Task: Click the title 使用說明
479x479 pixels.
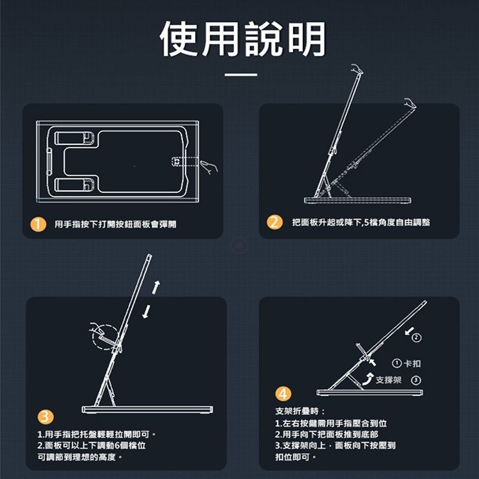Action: point(243,40)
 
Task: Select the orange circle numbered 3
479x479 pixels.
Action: point(46,417)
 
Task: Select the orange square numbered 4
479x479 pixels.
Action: point(284,394)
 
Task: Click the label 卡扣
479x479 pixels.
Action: point(413,363)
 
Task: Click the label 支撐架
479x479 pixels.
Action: point(389,380)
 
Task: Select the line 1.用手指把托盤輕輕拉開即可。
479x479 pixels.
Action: point(96,433)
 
